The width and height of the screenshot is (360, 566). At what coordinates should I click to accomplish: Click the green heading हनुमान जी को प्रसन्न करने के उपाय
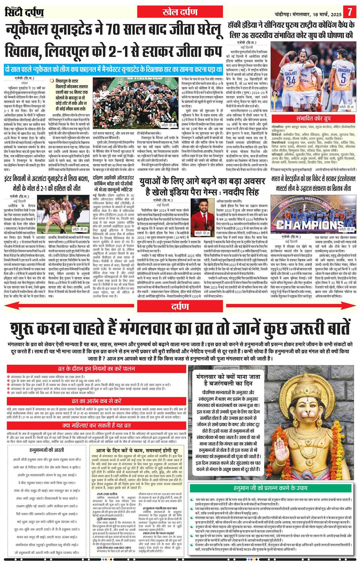(273, 486)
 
